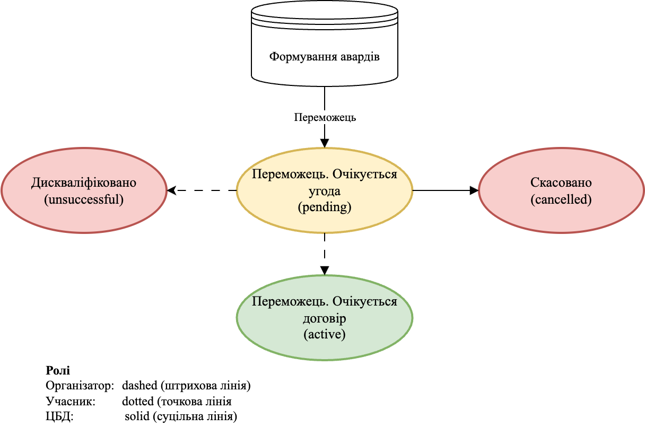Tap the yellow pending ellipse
[x=324, y=190]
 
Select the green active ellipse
[x=324, y=318]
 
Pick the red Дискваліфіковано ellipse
[x=84, y=190]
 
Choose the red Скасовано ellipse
[x=561, y=190]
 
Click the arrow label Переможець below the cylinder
[x=325, y=118]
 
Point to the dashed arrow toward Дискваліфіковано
[x=202, y=190]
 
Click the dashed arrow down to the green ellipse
[x=325, y=254]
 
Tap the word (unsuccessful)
[x=84, y=199]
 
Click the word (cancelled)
[x=561, y=199]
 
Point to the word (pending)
[x=324, y=207]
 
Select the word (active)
[x=324, y=335]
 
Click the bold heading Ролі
[x=58, y=370]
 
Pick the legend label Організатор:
[x=80, y=386]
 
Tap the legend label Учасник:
[x=70, y=401]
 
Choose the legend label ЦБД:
[x=59, y=416]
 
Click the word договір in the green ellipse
[x=324, y=319]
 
